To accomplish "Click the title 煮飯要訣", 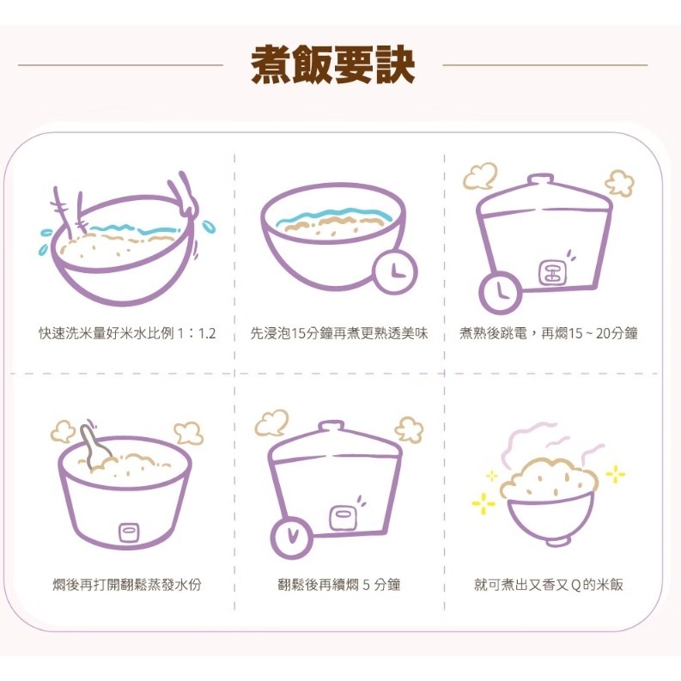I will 333,64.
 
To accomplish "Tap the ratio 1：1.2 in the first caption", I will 196,333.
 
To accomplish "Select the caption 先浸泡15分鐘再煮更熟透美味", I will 338,333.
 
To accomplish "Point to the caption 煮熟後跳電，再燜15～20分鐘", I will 548,333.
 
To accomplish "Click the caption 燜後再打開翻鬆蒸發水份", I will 127,585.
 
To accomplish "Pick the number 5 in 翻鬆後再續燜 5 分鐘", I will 367,585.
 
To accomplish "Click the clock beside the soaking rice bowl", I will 394,272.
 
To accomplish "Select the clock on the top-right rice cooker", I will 500,292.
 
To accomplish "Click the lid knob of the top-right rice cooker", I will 541,179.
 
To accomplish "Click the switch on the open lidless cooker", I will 129,532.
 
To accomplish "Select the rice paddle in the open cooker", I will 94,447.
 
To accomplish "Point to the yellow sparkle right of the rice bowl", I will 615,474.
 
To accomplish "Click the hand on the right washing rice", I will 185,198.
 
